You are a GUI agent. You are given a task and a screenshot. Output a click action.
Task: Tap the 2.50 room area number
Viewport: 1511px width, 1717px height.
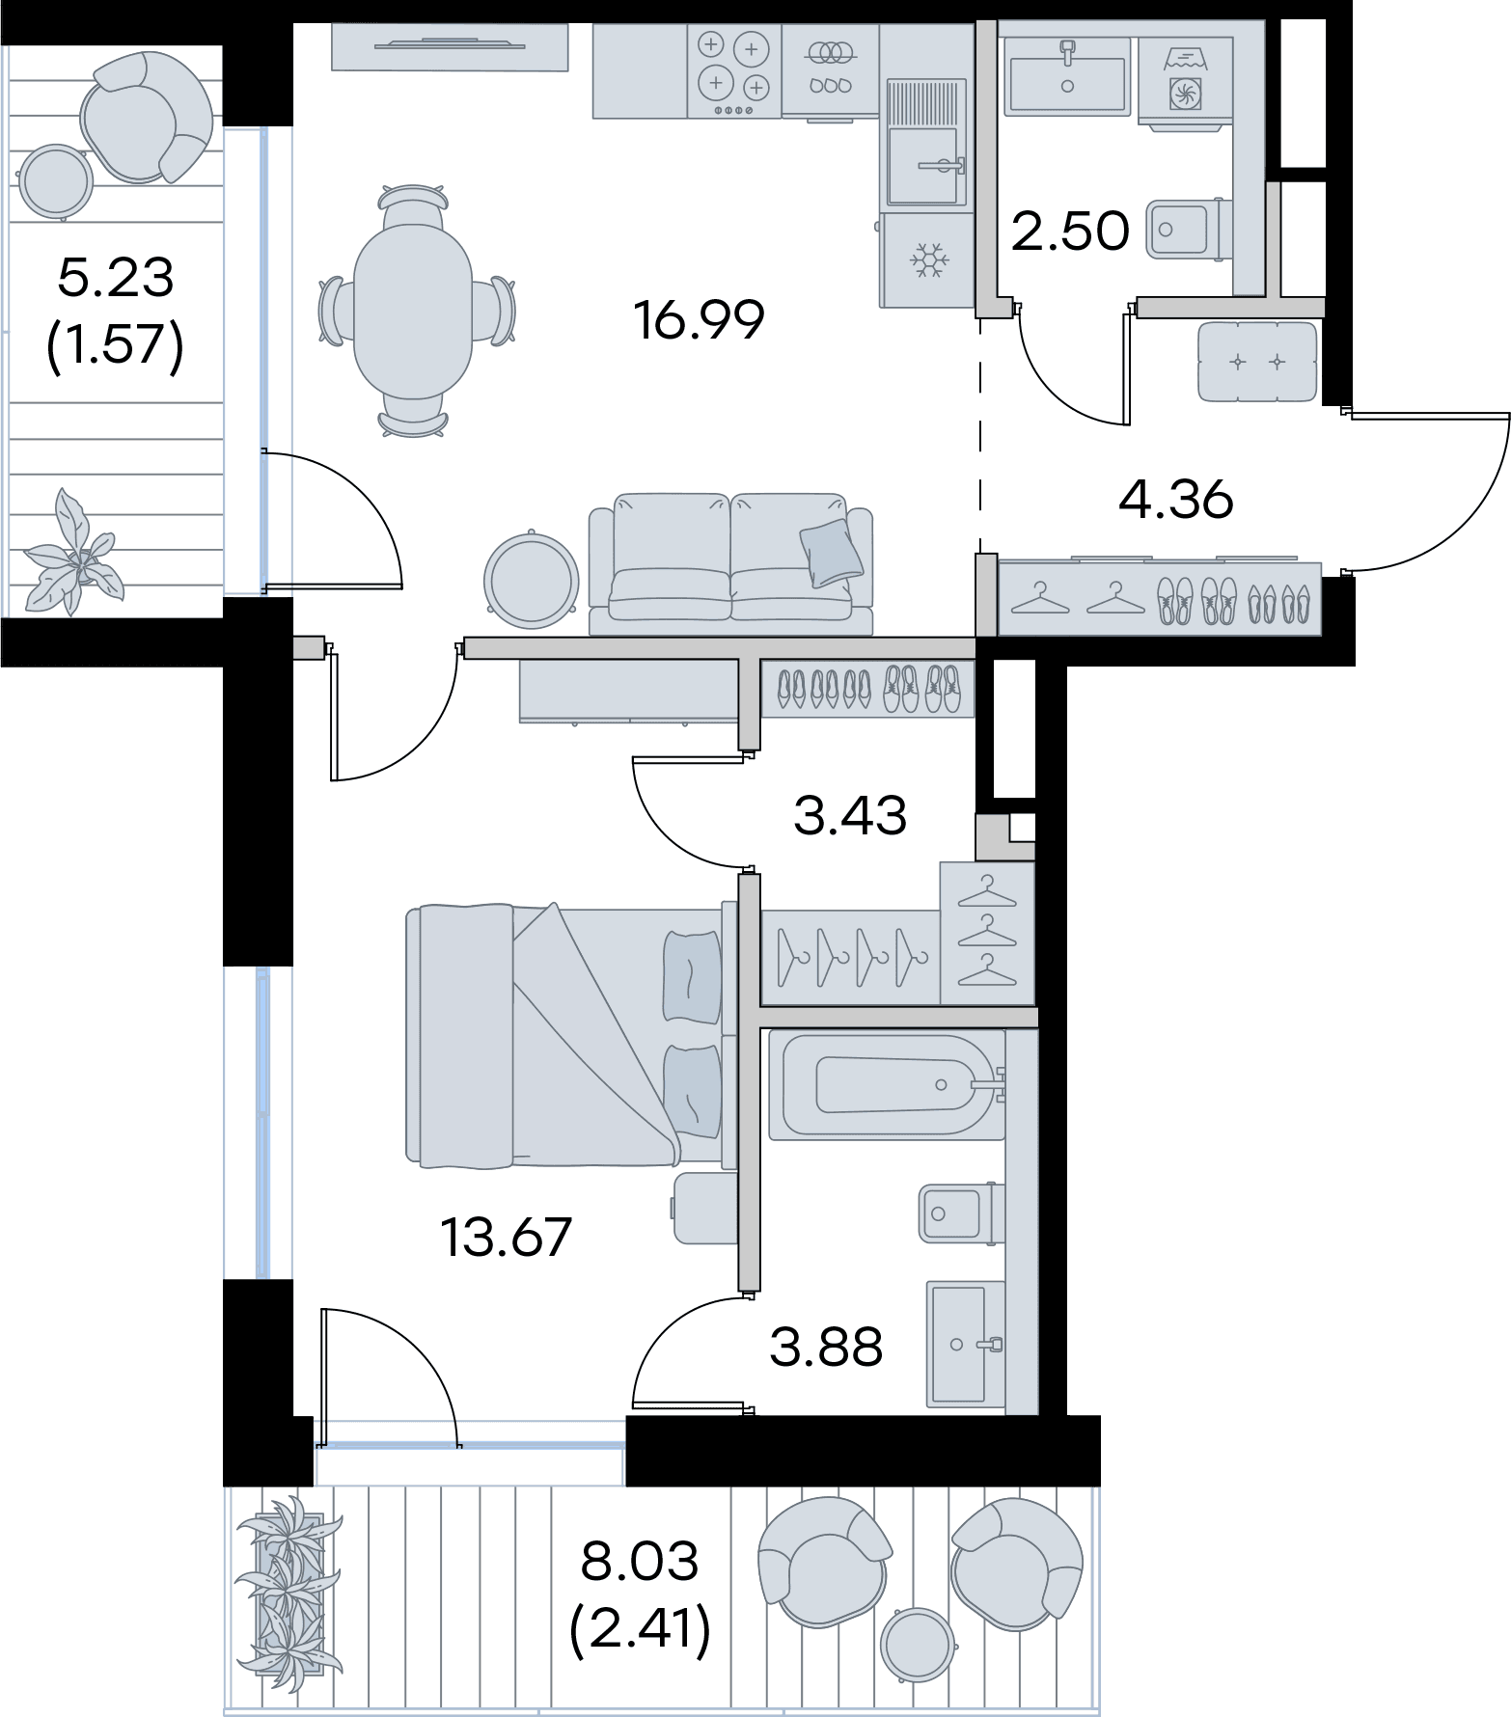pos(1070,232)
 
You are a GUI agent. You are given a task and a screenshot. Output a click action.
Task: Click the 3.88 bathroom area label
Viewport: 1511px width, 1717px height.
pos(827,1348)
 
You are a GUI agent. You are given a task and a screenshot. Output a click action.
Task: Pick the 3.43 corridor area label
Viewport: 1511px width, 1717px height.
pos(850,816)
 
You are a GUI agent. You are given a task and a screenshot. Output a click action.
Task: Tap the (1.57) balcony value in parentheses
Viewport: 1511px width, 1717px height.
pos(115,344)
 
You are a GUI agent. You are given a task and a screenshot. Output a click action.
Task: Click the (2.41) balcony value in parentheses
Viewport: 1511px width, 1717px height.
pos(641,1629)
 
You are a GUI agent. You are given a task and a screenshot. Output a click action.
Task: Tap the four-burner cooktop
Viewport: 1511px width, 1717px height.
pos(734,71)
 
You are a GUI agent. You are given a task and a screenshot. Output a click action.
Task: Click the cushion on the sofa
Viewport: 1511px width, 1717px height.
pos(831,554)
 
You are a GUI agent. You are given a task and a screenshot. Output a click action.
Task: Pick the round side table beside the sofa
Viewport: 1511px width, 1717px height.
pos(529,580)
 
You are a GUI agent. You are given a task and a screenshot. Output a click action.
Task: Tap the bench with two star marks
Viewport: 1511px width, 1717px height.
pos(1257,362)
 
